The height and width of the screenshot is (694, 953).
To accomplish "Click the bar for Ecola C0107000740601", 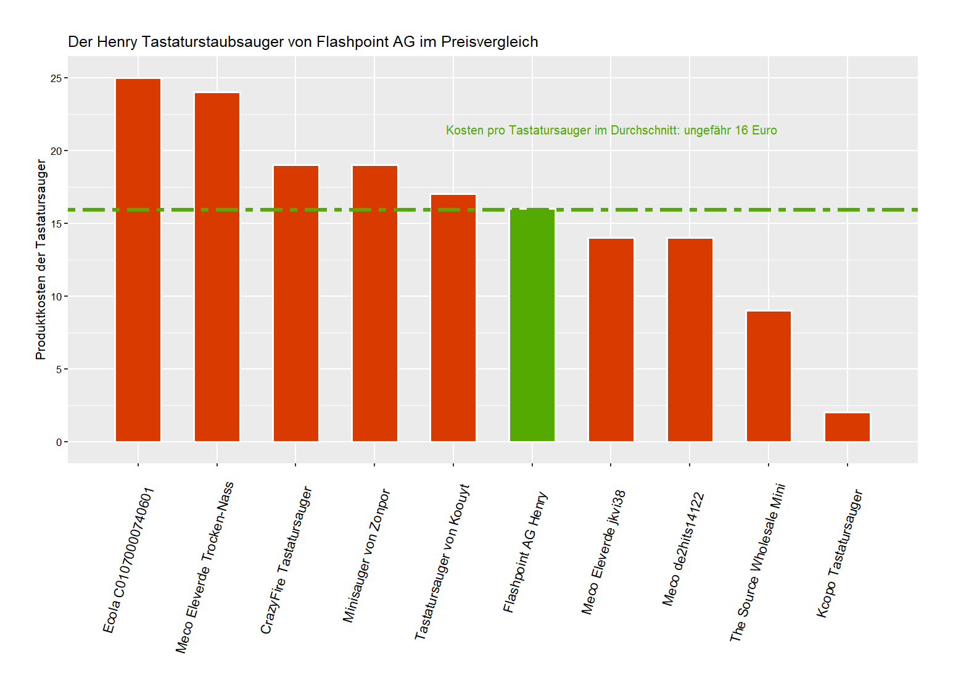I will tap(138, 260).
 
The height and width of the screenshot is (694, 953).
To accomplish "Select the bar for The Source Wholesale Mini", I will tap(769, 376).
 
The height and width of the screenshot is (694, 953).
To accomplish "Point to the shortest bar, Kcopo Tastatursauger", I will tap(848, 427).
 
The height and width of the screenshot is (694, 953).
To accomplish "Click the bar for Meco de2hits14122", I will tap(690, 340).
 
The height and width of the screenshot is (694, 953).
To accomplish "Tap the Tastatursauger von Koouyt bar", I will tap(453, 318).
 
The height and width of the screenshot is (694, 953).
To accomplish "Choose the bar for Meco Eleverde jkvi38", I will tap(611, 340).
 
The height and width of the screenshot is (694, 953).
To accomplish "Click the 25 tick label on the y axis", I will tap(56, 78).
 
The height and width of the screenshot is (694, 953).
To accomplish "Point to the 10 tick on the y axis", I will tap(56, 297).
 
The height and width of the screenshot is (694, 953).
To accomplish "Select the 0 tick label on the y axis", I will tap(59, 442).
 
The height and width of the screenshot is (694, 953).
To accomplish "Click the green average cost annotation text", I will tap(611, 130).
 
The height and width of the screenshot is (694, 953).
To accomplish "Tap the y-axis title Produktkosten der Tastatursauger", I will tap(41, 259).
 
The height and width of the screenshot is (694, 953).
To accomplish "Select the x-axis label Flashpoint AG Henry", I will tap(525, 552).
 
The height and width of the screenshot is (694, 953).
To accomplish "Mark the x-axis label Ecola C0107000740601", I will tap(128, 560).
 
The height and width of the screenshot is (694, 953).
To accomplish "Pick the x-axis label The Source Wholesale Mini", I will tap(757, 563).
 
